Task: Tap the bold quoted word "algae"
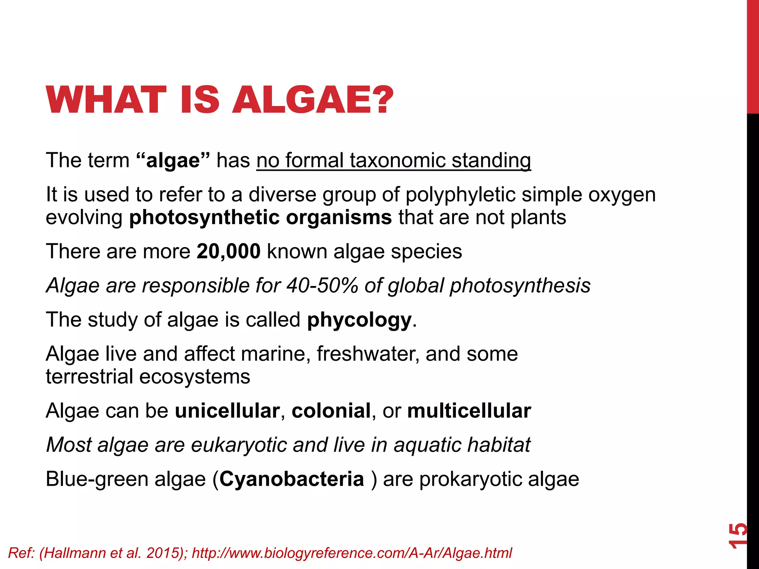(x=173, y=161)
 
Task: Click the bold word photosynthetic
(x=204, y=217)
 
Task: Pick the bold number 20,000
(x=229, y=252)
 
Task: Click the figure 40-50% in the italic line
(x=322, y=286)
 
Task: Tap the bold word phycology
(x=359, y=320)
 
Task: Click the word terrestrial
(x=89, y=377)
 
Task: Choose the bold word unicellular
(x=227, y=411)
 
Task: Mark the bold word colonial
(x=331, y=411)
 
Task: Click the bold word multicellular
(x=469, y=411)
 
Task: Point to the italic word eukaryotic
(x=239, y=445)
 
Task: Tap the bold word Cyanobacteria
(x=292, y=479)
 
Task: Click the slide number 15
(x=738, y=535)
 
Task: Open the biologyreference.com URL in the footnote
(x=352, y=553)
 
